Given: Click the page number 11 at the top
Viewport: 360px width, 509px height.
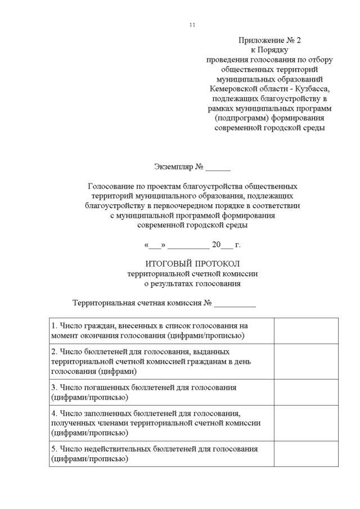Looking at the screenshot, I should point(192,25).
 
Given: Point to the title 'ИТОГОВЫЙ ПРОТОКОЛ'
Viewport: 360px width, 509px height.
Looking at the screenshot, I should point(192,264).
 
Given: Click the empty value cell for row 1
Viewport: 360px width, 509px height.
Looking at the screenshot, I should point(306,331).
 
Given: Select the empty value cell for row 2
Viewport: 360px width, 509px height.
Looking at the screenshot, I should point(306,361).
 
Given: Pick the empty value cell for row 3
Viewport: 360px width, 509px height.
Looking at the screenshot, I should point(306,392).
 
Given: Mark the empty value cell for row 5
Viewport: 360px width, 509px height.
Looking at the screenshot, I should point(306,453).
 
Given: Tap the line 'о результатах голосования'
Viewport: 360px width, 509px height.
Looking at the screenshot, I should point(192,283).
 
